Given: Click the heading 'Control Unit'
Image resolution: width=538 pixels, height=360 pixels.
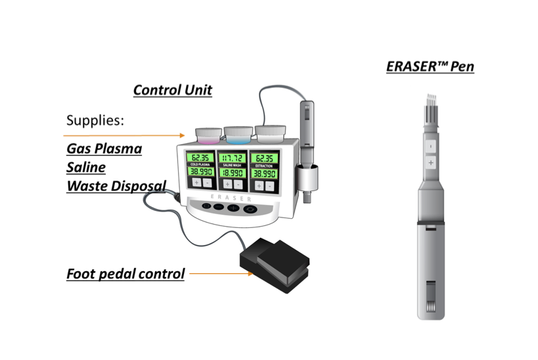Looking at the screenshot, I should point(172,90).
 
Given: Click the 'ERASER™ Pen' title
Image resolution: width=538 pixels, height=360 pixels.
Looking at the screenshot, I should point(430,66).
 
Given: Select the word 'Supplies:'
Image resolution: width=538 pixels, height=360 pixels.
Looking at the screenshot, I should point(95,121).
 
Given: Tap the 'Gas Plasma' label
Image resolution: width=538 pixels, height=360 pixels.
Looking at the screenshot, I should point(104,148).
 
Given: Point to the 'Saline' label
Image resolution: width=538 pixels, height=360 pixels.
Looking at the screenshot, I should point(85,167).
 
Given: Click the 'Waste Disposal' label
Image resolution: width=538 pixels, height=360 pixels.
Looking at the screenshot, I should point(116,186).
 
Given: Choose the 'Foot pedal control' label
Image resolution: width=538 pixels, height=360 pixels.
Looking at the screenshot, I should point(125,273).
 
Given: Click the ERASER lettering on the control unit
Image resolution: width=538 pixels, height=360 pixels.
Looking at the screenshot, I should point(232,196).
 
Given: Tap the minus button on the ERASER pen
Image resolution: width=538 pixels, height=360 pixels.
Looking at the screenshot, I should point(430,145).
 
